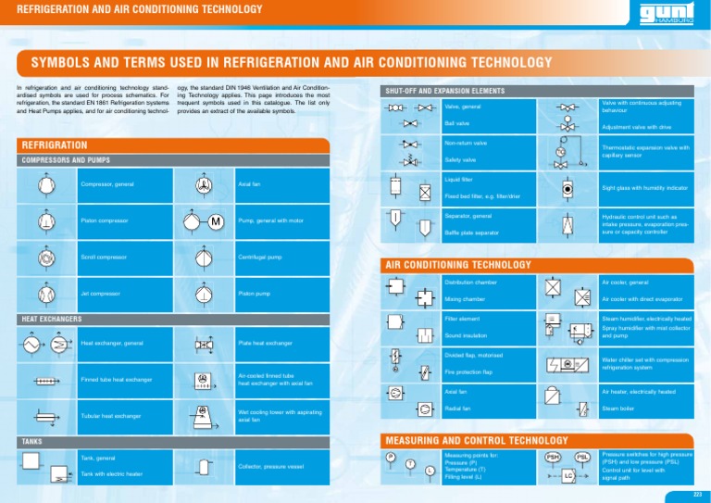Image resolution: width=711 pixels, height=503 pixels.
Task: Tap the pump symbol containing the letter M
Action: pos(214,222)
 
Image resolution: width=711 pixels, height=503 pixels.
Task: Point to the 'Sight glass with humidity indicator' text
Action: pos(644,188)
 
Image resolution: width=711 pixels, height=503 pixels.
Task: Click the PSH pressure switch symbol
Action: pos(553,457)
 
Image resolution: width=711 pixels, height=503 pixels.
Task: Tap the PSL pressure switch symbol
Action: pos(583,457)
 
